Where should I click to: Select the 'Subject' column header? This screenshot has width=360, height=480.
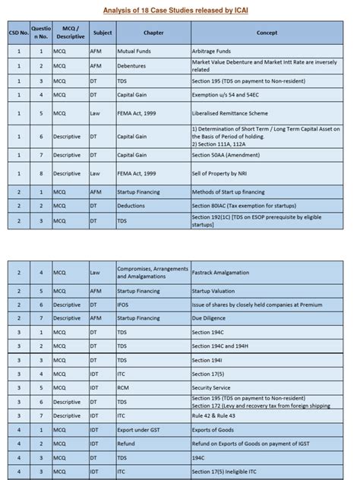click(102, 33)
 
